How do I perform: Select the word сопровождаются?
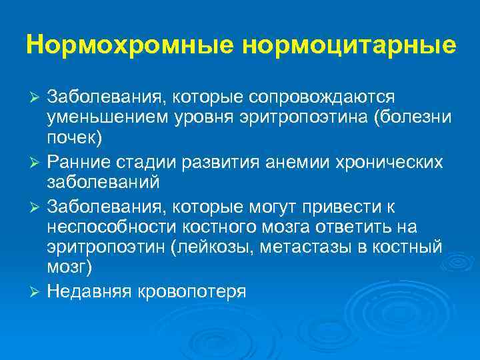point(322,98)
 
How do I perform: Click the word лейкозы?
point(213,248)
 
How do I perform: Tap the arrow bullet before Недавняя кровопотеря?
point(38,292)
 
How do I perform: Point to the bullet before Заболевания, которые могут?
point(38,207)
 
